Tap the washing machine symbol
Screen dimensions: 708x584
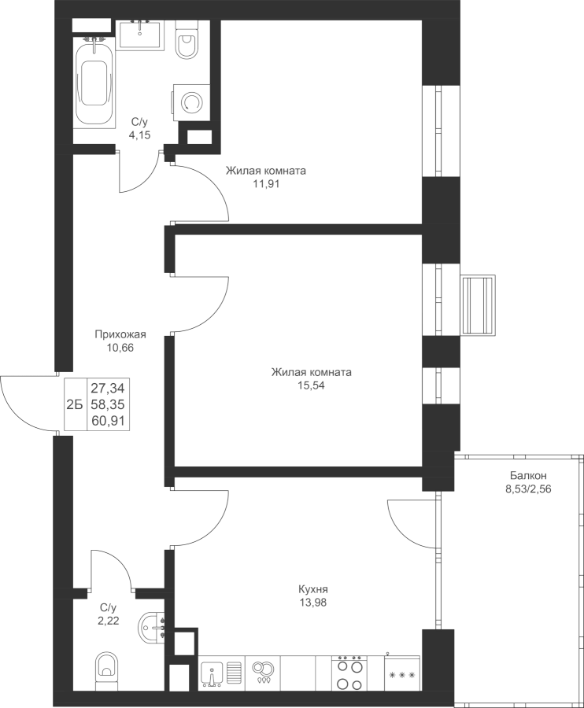click(x=190, y=103)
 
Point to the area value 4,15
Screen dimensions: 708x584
click(x=139, y=135)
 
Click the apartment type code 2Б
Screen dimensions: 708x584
click(x=75, y=405)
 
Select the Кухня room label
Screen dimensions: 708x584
click(x=313, y=589)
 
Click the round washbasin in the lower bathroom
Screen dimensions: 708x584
click(x=151, y=627)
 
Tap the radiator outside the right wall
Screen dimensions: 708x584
click(x=479, y=305)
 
